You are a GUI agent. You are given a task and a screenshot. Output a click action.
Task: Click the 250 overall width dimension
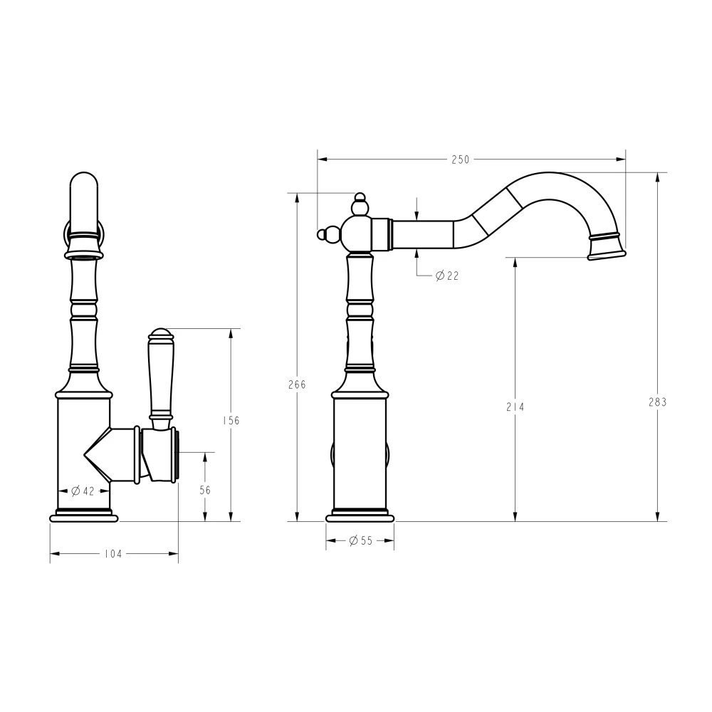pyautogui.click(x=461, y=159)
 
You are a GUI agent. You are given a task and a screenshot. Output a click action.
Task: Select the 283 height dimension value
pyautogui.click(x=658, y=402)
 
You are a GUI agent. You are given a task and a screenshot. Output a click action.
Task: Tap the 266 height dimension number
pyautogui.click(x=297, y=384)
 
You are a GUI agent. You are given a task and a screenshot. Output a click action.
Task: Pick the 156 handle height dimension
pyautogui.click(x=231, y=420)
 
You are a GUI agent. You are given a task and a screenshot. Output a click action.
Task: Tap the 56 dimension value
pyautogui.click(x=205, y=490)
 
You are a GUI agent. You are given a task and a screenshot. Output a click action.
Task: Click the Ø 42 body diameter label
pyautogui.click(x=83, y=491)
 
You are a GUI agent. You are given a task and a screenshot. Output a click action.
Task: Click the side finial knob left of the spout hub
pyautogui.click(x=329, y=233)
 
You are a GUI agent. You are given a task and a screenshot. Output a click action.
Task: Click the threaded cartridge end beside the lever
pyautogui.click(x=175, y=456)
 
